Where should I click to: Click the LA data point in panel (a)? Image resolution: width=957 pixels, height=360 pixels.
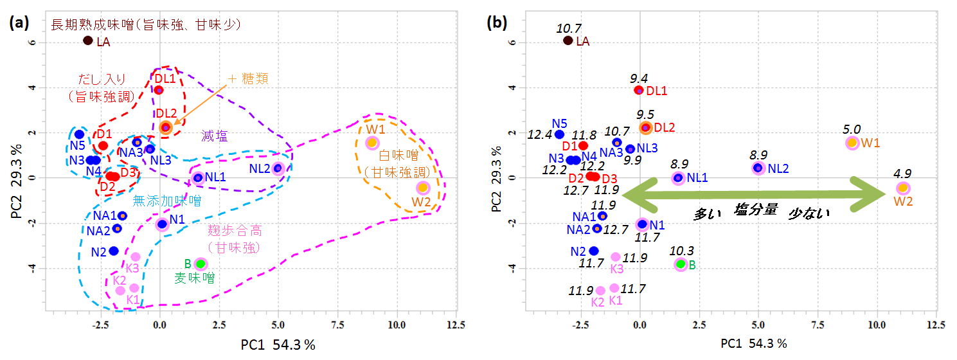(x=88, y=40)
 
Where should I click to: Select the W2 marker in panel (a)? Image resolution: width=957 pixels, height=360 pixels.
(x=422, y=188)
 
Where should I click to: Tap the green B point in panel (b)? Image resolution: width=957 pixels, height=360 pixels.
(x=681, y=264)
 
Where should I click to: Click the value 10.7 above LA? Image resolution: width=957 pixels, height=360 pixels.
(x=568, y=28)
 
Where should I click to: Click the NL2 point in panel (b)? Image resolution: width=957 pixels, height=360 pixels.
(x=758, y=168)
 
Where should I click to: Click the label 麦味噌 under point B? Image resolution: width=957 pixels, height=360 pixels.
(x=195, y=278)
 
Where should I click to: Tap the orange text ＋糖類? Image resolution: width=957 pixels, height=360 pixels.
(x=247, y=78)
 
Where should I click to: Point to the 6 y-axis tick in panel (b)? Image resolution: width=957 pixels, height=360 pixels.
(x=513, y=43)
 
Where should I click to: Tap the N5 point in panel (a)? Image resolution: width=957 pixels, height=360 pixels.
(x=78, y=134)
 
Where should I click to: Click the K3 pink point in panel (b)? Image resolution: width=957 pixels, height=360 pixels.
(x=615, y=257)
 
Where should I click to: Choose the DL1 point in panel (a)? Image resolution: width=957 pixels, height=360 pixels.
(x=158, y=90)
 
